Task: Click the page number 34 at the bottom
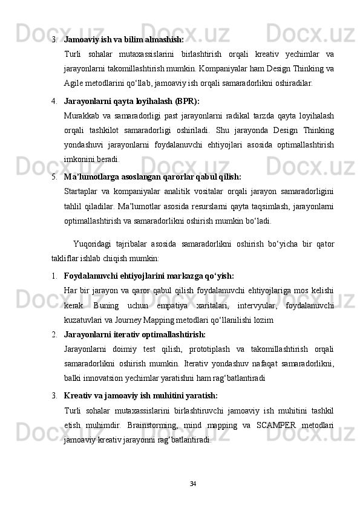coord(192,484)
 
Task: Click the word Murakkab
coord(82,115)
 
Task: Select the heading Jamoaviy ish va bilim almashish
coord(123,39)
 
